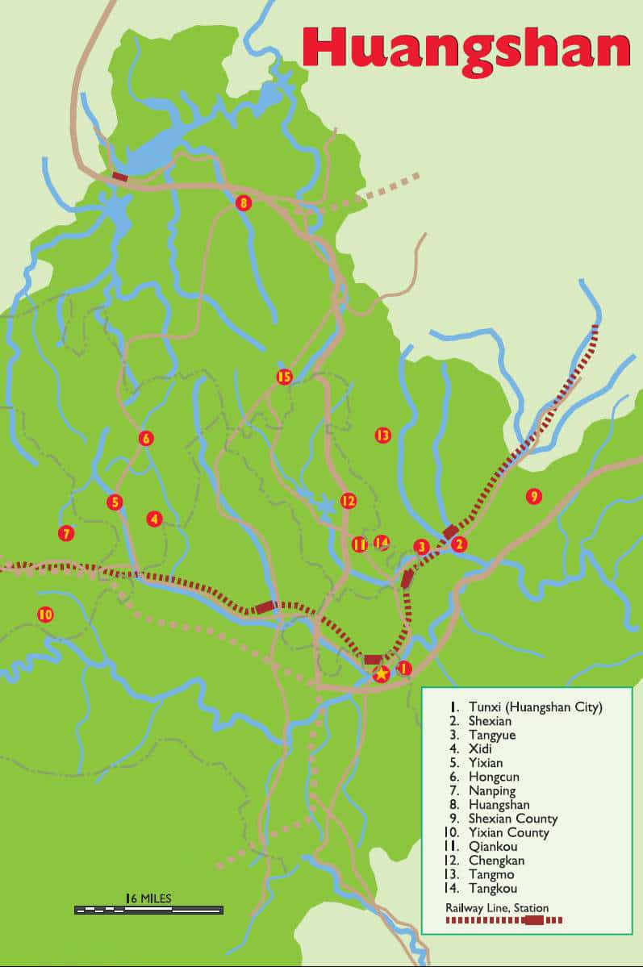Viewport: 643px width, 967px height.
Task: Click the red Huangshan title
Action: click(466, 48)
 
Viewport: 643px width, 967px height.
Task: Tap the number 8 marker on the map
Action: click(244, 203)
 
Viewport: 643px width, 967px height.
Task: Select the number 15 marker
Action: click(284, 377)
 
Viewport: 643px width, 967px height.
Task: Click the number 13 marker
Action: click(382, 436)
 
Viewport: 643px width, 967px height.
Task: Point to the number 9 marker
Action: click(533, 496)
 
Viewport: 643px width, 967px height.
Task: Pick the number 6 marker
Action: click(146, 439)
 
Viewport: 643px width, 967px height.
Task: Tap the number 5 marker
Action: click(115, 502)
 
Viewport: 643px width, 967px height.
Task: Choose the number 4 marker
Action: click(154, 519)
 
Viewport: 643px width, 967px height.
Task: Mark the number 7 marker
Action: click(66, 533)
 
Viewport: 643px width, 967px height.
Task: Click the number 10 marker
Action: click(45, 615)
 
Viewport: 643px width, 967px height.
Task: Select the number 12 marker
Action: click(348, 501)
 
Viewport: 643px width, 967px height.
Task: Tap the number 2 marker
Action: click(459, 544)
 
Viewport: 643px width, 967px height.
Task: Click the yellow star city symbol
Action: click(382, 673)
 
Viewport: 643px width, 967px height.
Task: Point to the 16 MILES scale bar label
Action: click(149, 898)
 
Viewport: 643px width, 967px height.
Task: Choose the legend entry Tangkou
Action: click(491, 888)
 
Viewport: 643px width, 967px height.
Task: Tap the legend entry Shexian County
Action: click(512, 819)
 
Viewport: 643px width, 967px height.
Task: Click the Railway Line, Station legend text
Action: click(497, 908)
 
